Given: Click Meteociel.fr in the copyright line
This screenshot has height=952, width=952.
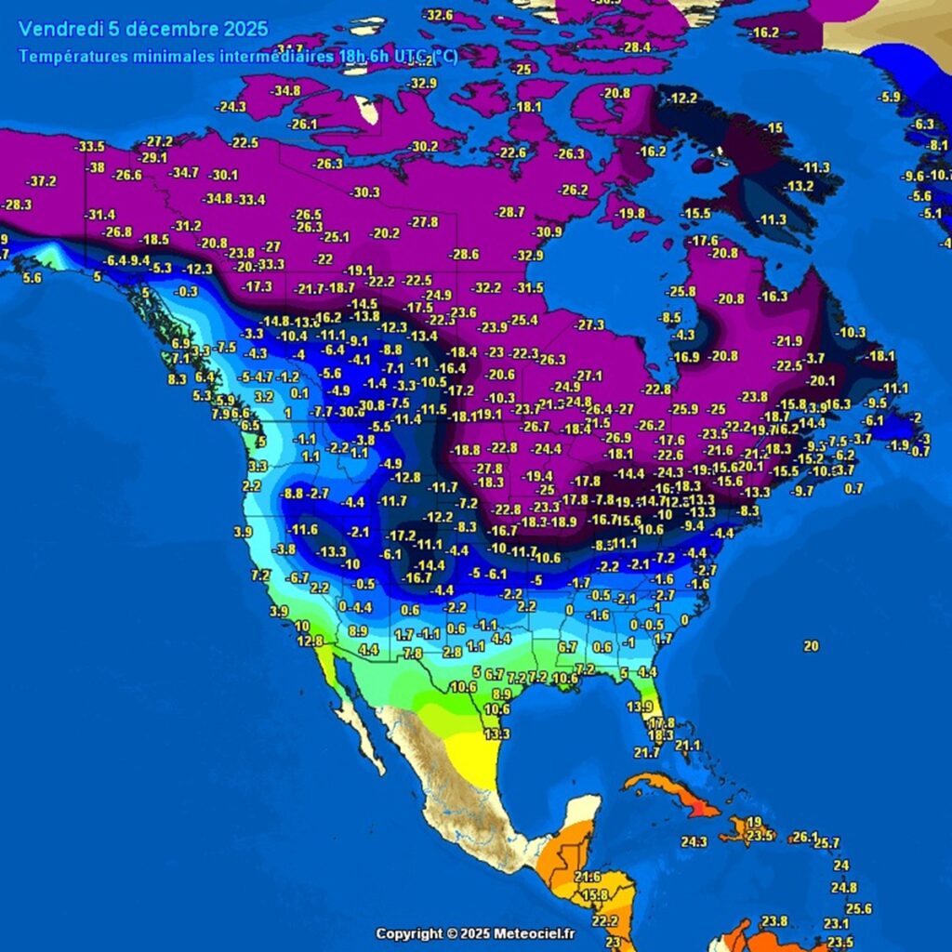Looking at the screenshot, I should pos(533,933).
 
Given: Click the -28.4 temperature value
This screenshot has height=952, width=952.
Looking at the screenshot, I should pos(636,46).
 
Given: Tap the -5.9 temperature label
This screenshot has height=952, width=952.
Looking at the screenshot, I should pos(890,97).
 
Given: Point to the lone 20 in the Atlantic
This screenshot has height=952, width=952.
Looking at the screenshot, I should pos(811,645).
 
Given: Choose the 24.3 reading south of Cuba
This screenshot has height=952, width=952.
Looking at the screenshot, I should pos(694,841).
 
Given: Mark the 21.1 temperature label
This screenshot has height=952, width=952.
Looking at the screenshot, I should pos(687,746).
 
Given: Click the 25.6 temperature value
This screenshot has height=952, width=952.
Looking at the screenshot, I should pos(858,908).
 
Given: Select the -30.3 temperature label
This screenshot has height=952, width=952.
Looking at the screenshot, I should pos(364,192).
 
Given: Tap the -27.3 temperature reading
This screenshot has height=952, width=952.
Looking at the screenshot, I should pos(589,324).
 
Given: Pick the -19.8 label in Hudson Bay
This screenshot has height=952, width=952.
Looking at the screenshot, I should pos(630,213).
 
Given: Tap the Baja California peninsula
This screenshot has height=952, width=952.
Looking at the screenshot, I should pos(358,725).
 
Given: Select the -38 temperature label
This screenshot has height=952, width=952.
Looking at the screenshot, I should pos(95,167).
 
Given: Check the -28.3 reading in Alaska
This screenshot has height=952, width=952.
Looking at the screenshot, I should pos(17,204).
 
